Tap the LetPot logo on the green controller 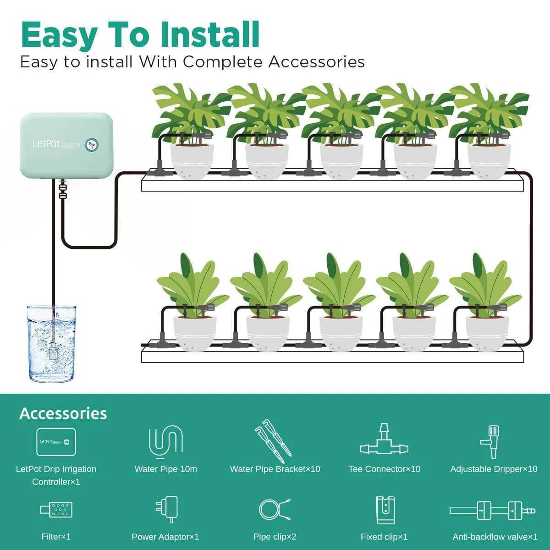click(x=46, y=143)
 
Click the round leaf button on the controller click(x=92, y=144)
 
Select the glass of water click(x=51, y=344)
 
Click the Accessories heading click(x=63, y=413)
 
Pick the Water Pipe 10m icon click(x=165, y=443)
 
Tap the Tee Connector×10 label click(x=384, y=469)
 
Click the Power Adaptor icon click(x=166, y=509)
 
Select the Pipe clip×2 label click(x=275, y=537)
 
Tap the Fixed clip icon click(x=385, y=510)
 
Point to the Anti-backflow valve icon click(x=492, y=510)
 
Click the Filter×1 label click(x=56, y=537)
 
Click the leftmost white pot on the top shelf click(x=192, y=160)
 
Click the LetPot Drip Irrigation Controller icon click(x=56, y=442)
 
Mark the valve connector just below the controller click(x=62, y=189)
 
